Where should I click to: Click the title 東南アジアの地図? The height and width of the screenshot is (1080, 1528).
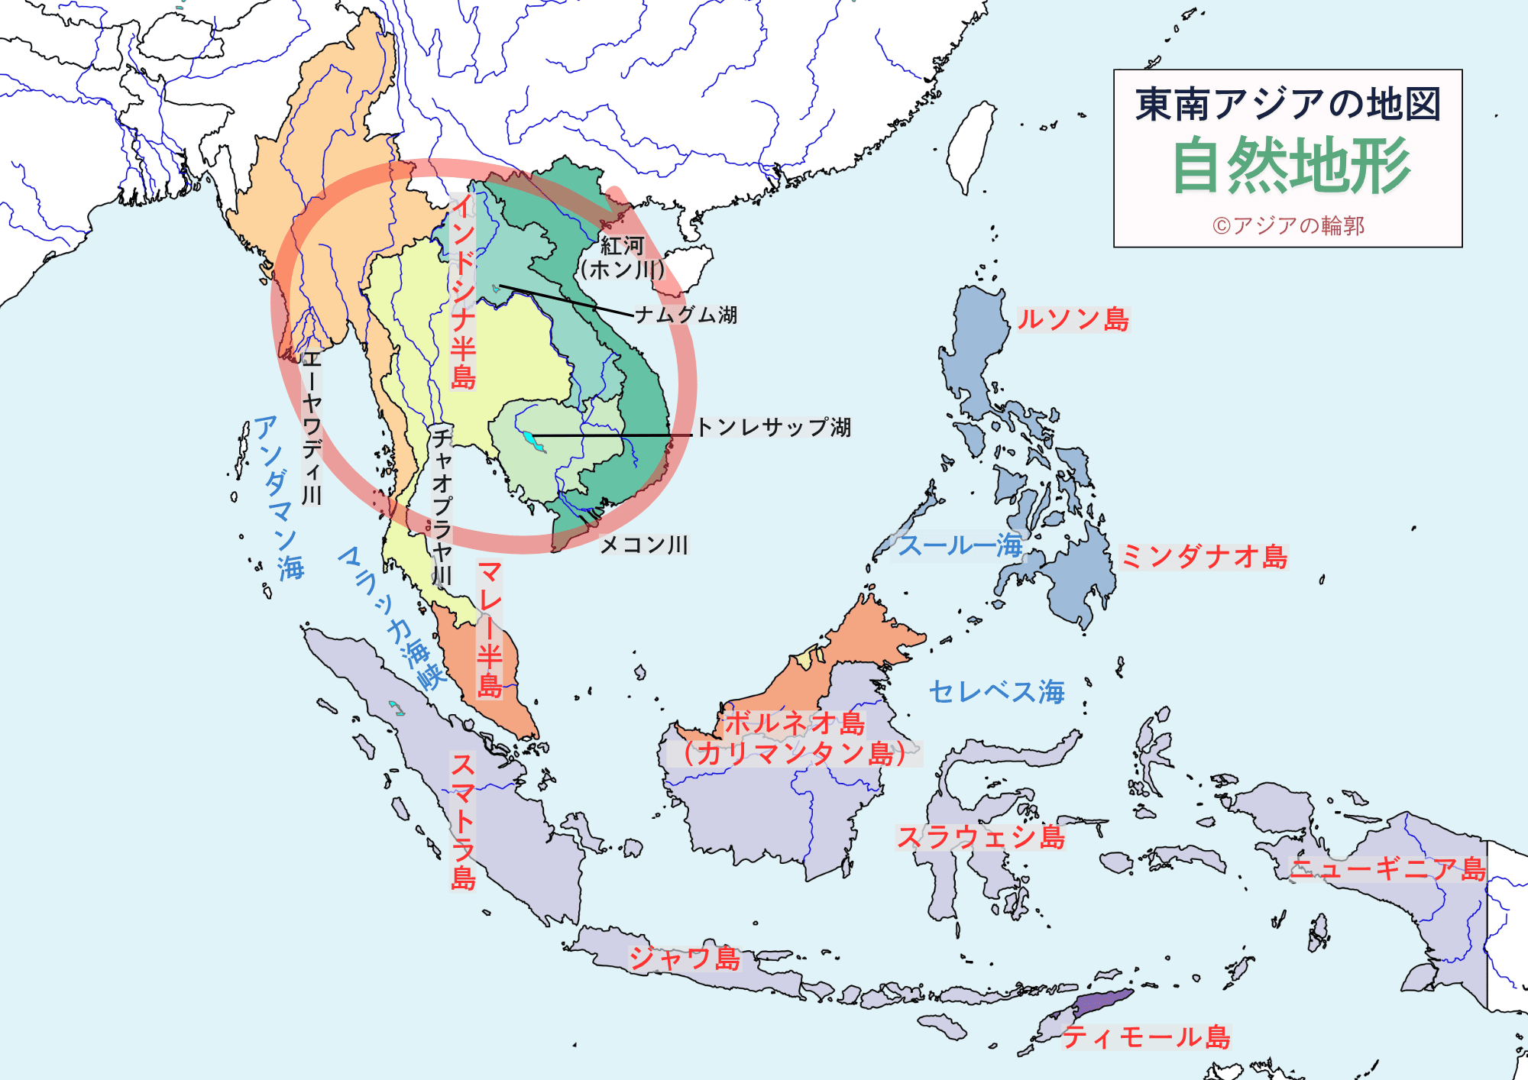1287,105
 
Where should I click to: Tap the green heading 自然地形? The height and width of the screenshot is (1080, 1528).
1291,166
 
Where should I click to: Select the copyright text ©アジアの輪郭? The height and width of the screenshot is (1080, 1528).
1288,225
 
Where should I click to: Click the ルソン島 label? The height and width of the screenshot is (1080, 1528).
1073,319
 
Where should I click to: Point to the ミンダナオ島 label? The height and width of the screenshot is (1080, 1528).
1203,557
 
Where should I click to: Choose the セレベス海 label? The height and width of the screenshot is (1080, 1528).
996,692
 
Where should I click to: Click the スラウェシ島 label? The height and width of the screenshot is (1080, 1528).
980,838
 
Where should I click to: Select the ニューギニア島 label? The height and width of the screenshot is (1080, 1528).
1387,869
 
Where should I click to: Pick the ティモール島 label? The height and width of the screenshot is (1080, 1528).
1146,1037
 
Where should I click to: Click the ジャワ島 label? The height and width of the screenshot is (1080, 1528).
685,958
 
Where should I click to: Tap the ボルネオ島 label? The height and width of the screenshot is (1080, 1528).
795,723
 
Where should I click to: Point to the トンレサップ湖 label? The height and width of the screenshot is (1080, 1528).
773,427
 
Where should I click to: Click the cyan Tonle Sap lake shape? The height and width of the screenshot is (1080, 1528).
529,439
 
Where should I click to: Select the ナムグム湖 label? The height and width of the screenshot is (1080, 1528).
686,315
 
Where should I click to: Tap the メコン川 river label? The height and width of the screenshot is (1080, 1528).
644,545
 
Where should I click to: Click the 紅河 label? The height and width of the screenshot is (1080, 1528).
623,246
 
